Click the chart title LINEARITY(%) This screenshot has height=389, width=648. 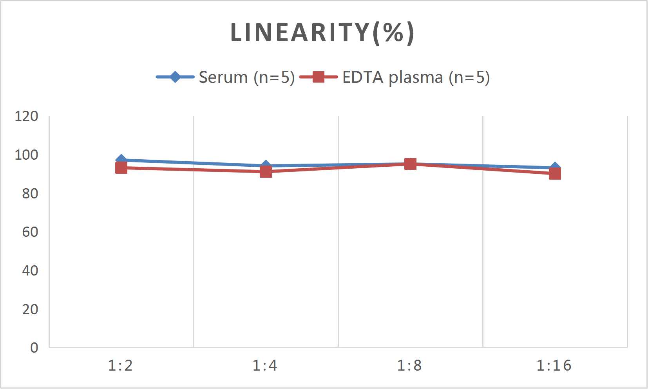coord(322,32)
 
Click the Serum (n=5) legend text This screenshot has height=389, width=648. coord(246,77)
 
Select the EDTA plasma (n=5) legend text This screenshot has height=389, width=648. coord(416,77)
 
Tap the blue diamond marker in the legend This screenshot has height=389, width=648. coord(175,77)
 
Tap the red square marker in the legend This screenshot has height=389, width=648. coord(319,77)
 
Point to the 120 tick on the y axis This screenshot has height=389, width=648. coord(26,116)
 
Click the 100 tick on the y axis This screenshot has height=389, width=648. coord(26,155)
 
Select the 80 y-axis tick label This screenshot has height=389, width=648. coord(30,193)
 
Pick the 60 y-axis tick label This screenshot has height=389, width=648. coord(30,232)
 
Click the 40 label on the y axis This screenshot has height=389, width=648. coord(30,270)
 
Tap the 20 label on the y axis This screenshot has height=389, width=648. coord(30,309)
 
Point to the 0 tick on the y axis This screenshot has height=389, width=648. coord(34,348)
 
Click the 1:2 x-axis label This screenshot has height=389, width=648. coord(120,366)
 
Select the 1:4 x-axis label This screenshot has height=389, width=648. coord(265,366)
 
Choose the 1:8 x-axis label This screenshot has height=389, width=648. coord(409,366)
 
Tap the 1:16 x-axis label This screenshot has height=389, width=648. coord(554,366)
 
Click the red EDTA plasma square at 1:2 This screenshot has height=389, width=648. coord(121,168)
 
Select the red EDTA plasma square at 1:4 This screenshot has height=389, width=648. coord(266,171)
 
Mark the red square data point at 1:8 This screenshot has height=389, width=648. coord(410,164)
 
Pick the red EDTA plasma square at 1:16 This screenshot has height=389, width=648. coord(555,173)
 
